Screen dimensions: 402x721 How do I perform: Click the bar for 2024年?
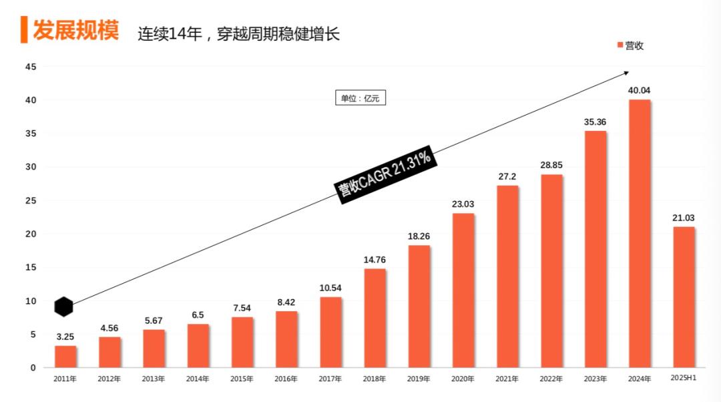point(639,234)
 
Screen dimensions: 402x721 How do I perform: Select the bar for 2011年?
point(65,357)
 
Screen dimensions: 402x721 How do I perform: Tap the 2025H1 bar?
point(684,297)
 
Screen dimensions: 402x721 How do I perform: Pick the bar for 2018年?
point(375,318)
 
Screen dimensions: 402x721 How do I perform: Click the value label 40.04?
point(639,90)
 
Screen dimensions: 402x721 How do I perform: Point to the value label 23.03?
point(463,204)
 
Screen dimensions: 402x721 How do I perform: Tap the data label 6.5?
point(198,315)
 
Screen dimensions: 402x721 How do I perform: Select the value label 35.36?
point(595,122)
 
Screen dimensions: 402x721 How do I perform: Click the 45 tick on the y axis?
point(31,67)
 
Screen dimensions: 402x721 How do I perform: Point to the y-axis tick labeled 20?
point(31,234)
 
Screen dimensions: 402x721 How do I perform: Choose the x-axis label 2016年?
point(286,379)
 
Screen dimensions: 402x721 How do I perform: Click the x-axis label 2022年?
point(551,379)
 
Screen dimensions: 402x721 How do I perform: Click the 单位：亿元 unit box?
point(360,98)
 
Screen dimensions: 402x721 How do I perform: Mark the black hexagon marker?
point(63,307)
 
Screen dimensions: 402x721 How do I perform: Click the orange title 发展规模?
point(75,31)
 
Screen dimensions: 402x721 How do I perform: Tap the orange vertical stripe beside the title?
point(24,30)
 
